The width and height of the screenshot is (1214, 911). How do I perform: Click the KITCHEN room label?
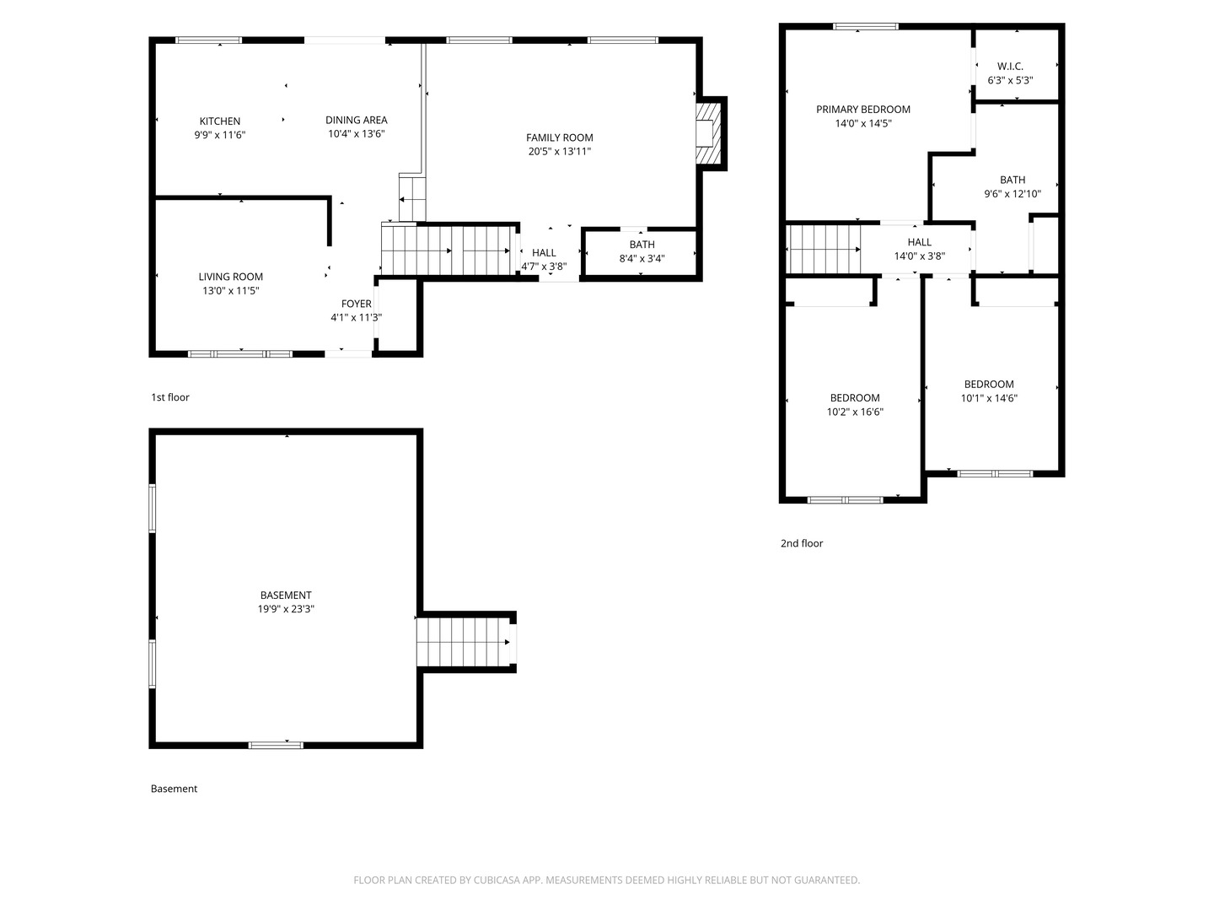point(219,121)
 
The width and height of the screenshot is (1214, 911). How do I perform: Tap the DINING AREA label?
point(356,120)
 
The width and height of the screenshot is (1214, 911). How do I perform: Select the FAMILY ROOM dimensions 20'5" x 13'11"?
point(559,152)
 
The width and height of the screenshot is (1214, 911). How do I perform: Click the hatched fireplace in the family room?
point(708,133)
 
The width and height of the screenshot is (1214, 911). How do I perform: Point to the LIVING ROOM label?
point(231,277)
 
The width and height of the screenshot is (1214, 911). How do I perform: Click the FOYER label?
point(356,304)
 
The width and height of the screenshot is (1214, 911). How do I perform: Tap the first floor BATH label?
point(642,245)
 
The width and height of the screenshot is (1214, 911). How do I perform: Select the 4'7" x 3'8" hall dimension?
point(544,267)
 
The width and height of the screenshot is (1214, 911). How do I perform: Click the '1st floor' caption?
point(170,397)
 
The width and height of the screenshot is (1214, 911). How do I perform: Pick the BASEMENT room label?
point(286,596)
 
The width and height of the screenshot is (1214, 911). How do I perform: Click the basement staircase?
point(464,642)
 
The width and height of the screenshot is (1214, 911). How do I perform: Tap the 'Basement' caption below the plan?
point(174,789)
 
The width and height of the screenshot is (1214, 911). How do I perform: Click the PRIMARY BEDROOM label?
point(862,110)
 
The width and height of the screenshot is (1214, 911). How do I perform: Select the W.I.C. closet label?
point(1010,67)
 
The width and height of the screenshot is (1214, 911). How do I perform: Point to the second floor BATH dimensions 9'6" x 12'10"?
point(1013,194)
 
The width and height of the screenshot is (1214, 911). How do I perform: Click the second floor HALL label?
point(919,242)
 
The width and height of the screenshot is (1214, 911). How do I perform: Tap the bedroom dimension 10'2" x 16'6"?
point(855,412)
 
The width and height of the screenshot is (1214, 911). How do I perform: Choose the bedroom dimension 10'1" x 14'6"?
point(989,398)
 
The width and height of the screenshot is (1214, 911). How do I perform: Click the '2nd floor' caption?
point(802,544)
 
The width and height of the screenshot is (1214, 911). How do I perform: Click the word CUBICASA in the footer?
point(497,880)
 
